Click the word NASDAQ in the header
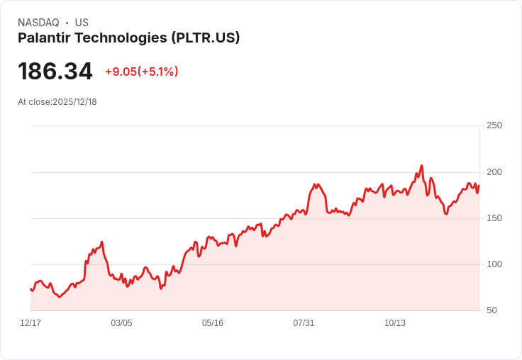coord(38,23)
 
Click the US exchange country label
coord(82,23)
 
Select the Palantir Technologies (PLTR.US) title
coord(129,38)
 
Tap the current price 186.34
coord(55,72)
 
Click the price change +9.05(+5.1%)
coord(142,72)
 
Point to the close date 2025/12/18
coord(74,102)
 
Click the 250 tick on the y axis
coord(494,125)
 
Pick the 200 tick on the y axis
coord(494,172)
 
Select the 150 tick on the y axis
coord(494,218)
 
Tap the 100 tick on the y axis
coord(494,264)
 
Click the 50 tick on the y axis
coord(492,310)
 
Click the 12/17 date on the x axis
coord(30,323)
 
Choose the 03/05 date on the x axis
coord(121,323)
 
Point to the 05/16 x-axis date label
coord(213,323)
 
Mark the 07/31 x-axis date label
coord(304,323)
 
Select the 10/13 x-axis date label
coord(395,323)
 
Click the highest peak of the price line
coord(421,166)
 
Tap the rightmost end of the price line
coord(479,186)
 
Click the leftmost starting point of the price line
coord(30,289)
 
